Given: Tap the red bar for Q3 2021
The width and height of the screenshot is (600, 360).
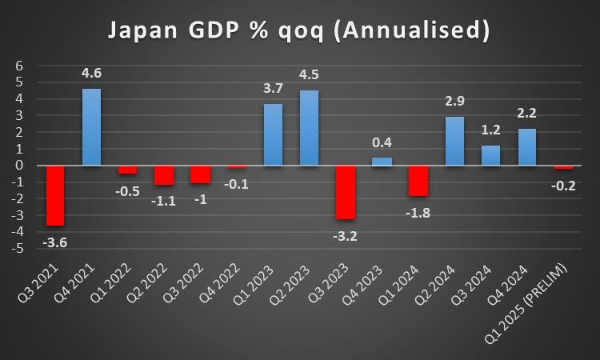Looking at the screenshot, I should pos(55,195).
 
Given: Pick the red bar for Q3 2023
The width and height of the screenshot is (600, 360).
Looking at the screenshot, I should pos(345,192).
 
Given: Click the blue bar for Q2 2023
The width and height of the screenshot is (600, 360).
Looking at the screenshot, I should pos(309,127).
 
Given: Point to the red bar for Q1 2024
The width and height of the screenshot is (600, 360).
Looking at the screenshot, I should pos(418,181).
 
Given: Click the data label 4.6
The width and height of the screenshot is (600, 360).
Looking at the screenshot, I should pos(92,74).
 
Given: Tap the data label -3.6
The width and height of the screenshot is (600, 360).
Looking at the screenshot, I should pos(54,242).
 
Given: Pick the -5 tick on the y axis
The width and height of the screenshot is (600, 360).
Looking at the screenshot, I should pos(18,249).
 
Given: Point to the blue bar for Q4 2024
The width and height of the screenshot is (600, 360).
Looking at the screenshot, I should pos(526,147).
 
